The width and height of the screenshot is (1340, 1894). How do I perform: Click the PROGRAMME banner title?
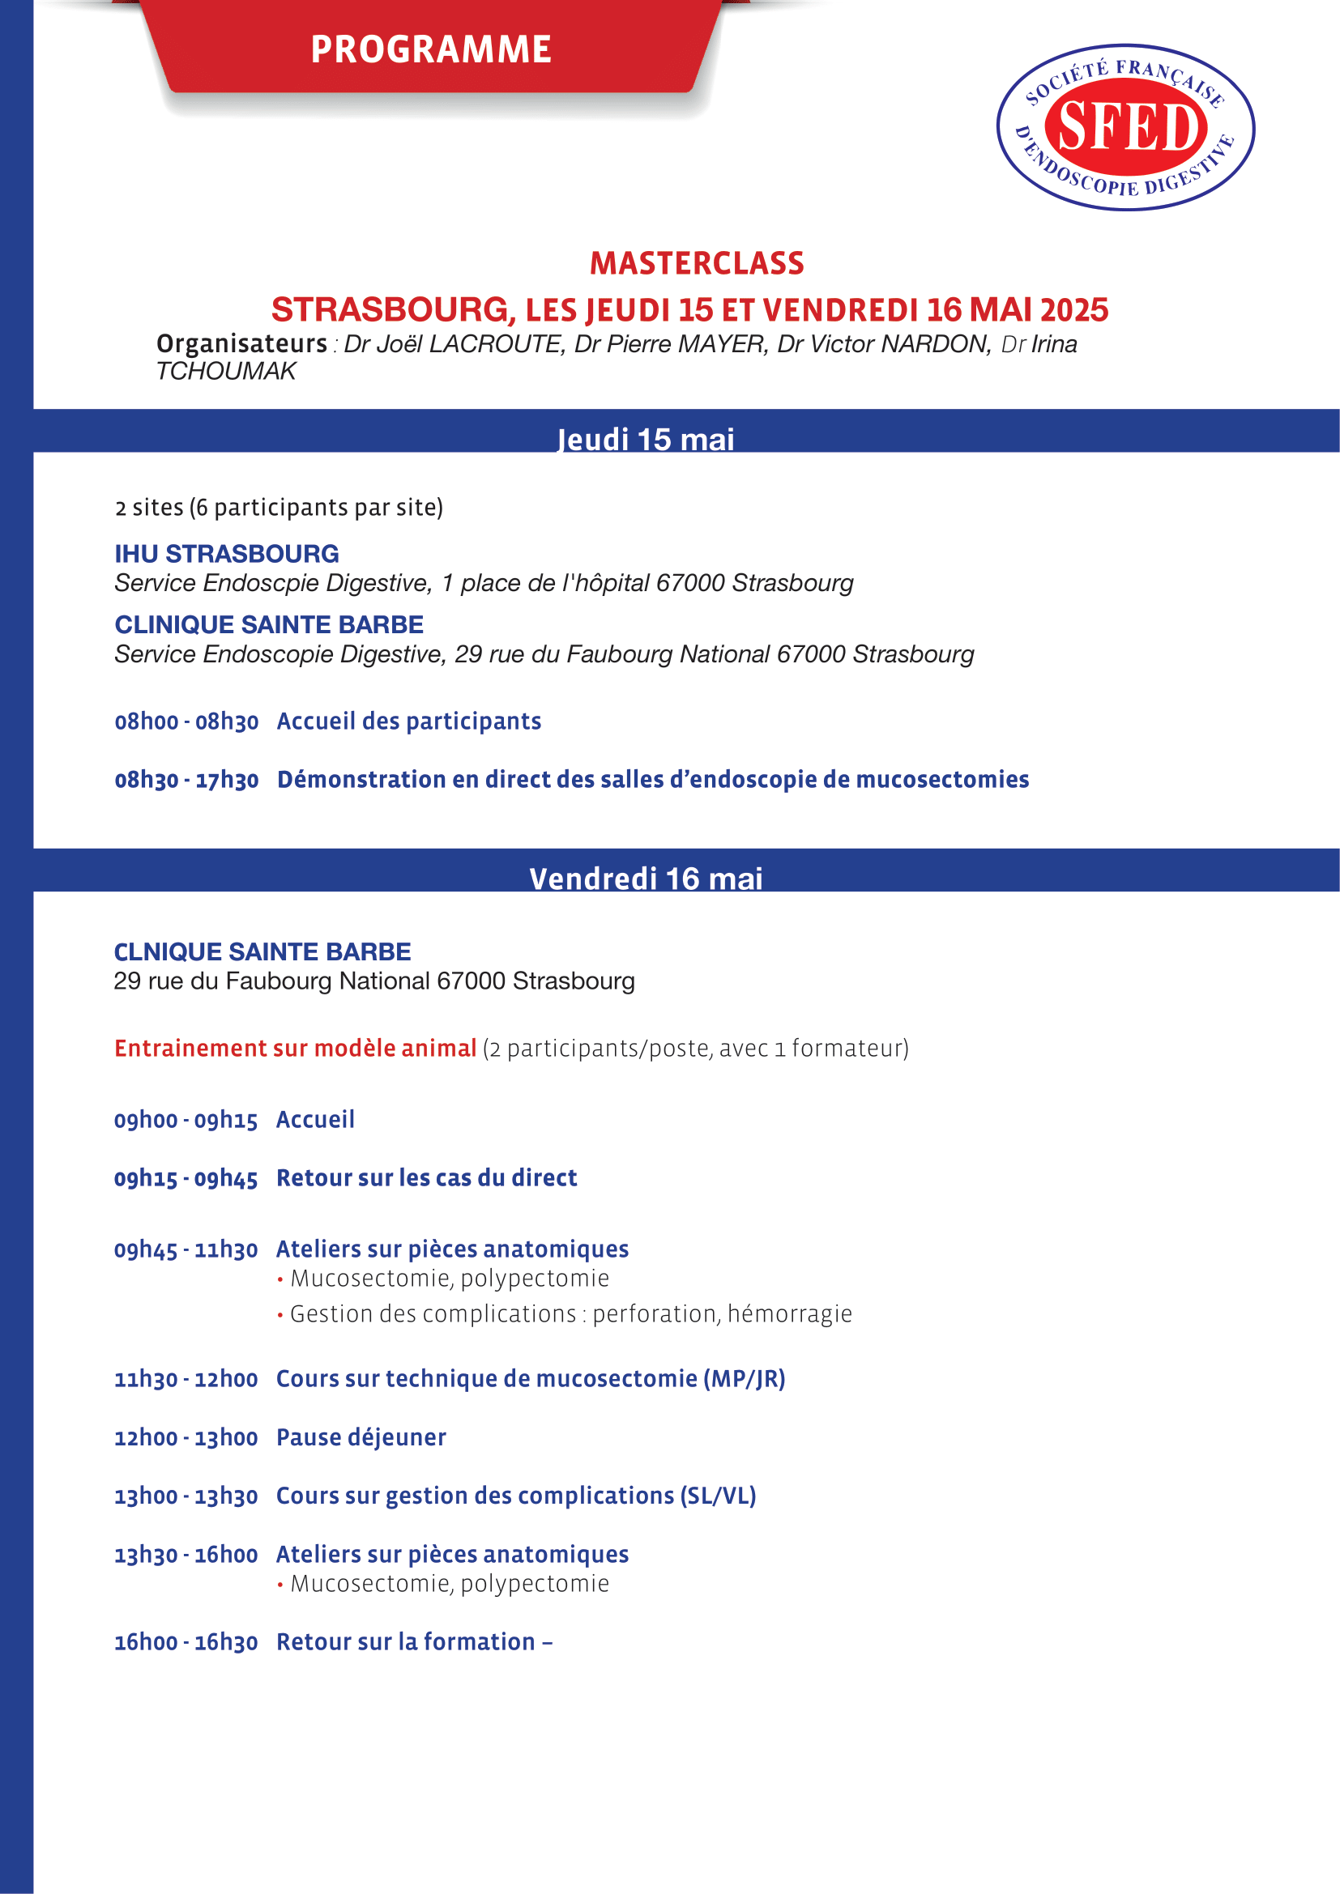tap(431, 49)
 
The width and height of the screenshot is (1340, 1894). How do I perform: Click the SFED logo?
tap(1125, 127)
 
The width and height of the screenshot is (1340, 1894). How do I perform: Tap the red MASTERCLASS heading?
tap(697, 263)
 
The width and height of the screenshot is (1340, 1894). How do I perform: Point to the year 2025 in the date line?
tap(1073, 310)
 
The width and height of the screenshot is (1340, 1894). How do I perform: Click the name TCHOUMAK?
tap(225, 371)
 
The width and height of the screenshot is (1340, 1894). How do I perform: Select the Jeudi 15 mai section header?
tap(645, 439)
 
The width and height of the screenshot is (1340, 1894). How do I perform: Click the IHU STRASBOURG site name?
tap(227, 554)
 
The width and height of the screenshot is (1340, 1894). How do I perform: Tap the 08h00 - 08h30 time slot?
tap(186, 721)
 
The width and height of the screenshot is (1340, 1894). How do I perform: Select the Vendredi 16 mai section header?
tap(645, 879)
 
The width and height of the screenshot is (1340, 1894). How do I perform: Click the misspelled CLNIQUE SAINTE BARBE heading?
tap(262, 952)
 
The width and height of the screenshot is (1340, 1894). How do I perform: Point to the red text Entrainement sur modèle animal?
tap(296, 1049)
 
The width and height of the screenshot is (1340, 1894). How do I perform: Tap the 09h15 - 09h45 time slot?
tap(186, 1179)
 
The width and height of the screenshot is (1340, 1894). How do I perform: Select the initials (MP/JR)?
tap(744, 1379)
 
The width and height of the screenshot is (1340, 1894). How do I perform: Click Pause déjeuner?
tap(361, 1438)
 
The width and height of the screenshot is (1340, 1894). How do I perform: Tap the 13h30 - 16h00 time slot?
tap(186, 1555)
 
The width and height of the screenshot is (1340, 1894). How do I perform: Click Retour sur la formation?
tap(406, 1642)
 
